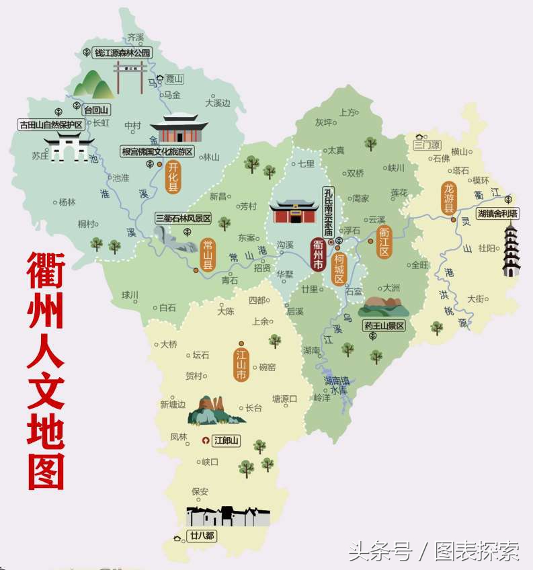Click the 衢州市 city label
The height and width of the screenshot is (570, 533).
point(317,255)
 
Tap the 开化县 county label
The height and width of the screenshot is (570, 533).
point(173,176)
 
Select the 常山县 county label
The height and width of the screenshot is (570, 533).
point(208,254)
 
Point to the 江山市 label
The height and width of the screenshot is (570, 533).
point(241,364)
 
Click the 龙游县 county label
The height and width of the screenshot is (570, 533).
point(448,198)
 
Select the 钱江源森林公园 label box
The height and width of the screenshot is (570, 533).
point(122,52)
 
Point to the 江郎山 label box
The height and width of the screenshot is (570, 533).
point(229,441)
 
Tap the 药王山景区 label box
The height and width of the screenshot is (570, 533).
point(384,326)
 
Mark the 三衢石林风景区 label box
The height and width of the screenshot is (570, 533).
point(183,218)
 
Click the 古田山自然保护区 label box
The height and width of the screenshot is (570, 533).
point(51,125)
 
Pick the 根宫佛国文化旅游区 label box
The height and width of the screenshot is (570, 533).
point(157,151)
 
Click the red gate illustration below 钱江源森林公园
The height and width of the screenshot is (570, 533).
point(130,77)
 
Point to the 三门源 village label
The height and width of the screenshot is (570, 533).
point(427,145)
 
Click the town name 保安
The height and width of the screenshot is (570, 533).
point(200,491)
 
